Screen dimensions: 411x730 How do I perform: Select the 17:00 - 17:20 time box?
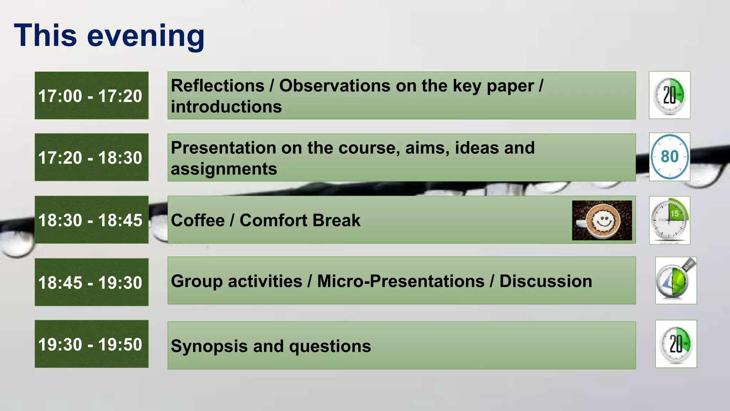[91, 96]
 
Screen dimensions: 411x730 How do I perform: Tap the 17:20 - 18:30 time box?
[91, 157]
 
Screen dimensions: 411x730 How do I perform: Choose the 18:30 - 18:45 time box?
[91, 220]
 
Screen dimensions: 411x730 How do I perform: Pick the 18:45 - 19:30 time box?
[91, 282]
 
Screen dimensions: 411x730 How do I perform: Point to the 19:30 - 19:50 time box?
[91, 344]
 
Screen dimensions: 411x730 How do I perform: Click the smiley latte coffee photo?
[602, 220]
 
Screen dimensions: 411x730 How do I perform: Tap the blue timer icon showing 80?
[669, 157]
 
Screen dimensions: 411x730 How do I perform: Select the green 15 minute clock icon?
[669, 220]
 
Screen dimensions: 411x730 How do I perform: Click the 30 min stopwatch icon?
[675, 280]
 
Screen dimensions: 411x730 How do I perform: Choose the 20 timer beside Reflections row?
[669, 95]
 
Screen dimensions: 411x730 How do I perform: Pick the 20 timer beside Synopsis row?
[675, 344]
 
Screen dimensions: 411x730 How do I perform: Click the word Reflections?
[217, 86]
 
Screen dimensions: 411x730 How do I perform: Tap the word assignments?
[224, 169]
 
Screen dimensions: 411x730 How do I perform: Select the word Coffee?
[197, 220]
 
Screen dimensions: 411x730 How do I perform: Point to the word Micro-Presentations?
[401, 281]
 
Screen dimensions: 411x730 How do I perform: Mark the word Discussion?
[545, 281]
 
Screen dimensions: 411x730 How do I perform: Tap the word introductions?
[226, 107]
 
